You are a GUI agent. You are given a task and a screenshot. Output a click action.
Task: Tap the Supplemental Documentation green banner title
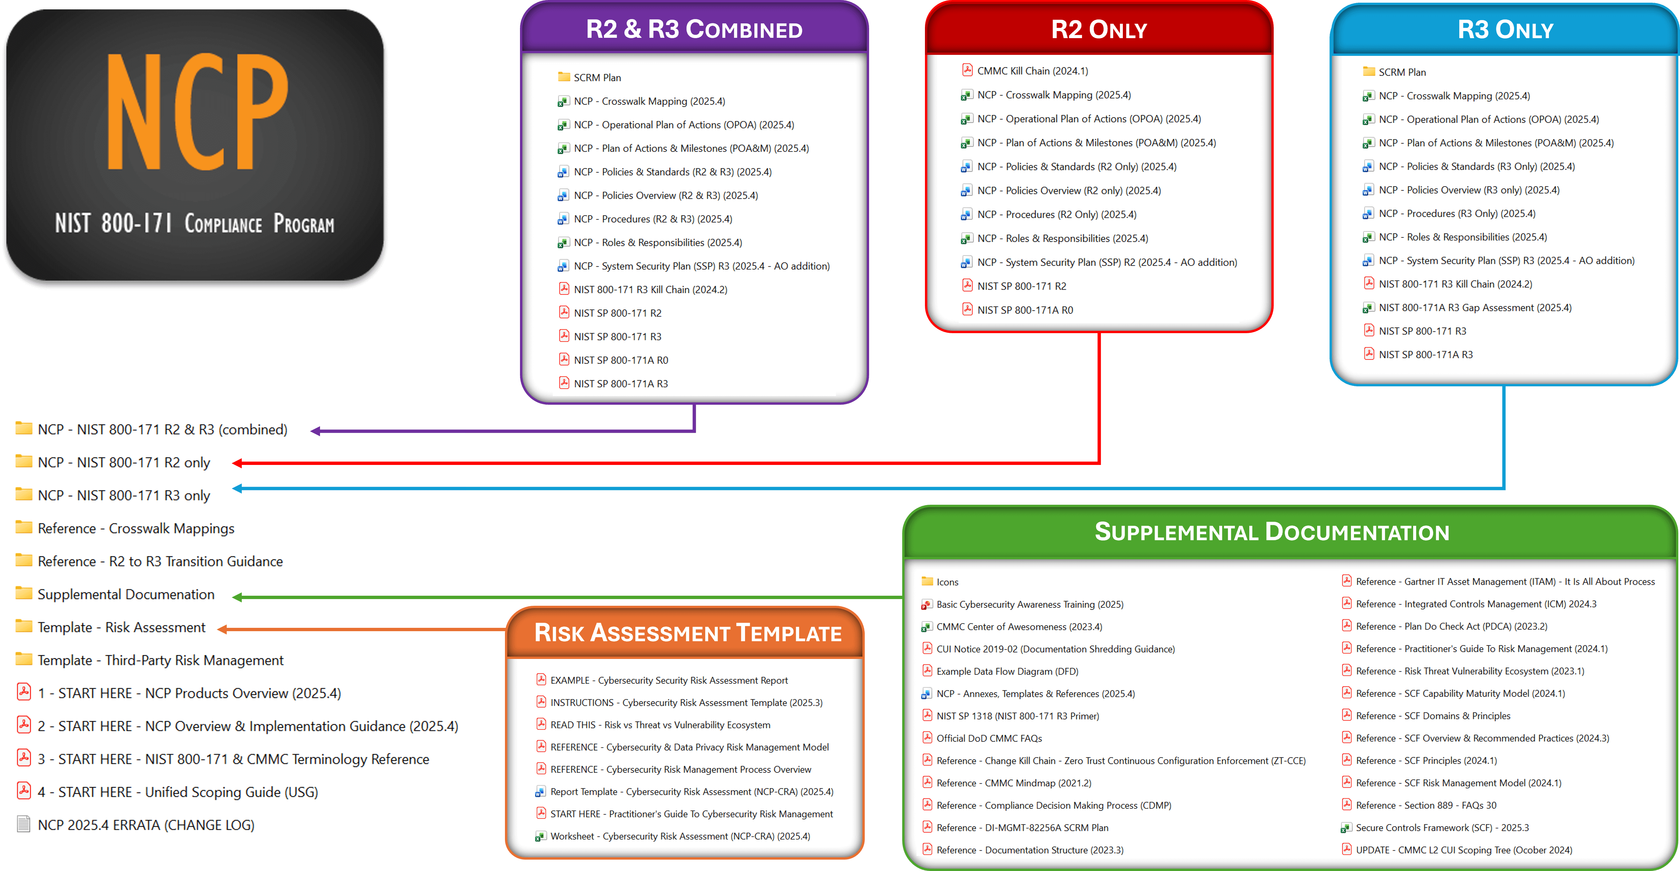pos(1272,532)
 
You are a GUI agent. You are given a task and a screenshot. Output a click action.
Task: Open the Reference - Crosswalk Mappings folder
pos(136,528)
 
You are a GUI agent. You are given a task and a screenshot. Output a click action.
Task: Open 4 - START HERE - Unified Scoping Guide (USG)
pos(177,792)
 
